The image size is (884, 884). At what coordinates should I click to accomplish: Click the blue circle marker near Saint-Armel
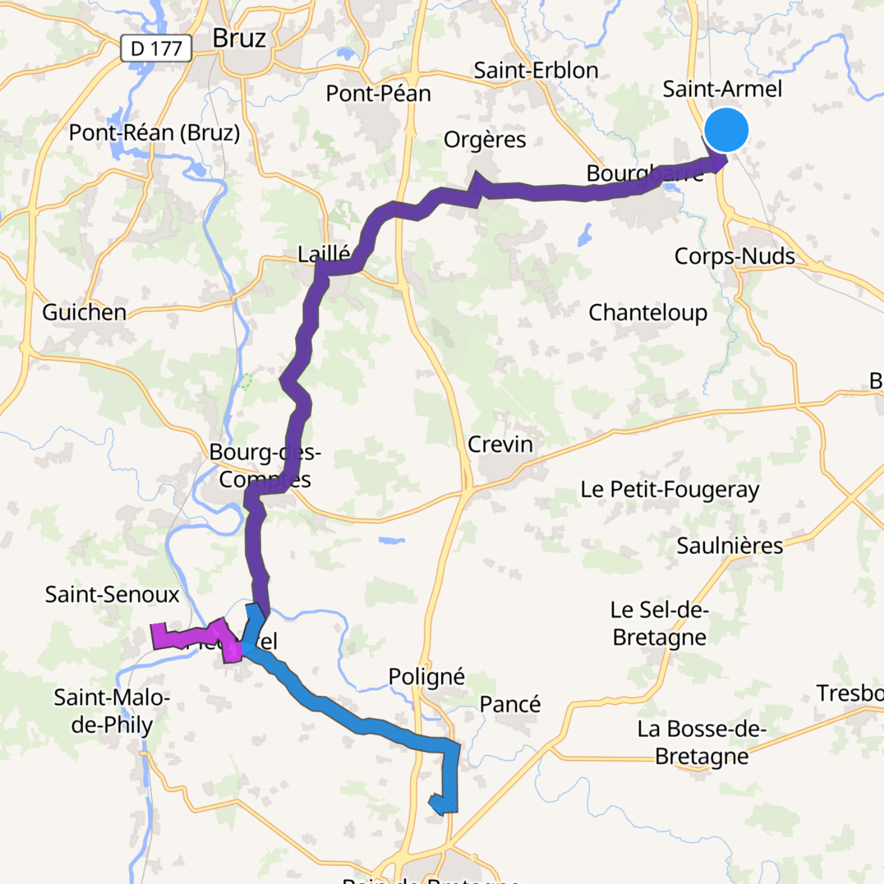(726, 130)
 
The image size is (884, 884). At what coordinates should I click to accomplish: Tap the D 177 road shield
(156, 48)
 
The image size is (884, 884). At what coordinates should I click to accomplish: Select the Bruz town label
(239, 39)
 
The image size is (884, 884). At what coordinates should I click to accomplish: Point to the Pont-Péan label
(378, 94)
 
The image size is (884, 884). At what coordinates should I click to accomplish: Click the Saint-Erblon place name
(536, 71)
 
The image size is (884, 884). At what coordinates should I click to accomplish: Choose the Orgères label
(485, 140)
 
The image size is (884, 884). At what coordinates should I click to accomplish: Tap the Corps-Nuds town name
(734, 256)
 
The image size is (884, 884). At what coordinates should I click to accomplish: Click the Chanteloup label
(648, 313)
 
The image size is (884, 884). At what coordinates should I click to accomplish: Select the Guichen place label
(84, 312)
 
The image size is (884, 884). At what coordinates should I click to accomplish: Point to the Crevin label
(500, 444)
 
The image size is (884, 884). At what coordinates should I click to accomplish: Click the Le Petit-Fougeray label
(669, 489)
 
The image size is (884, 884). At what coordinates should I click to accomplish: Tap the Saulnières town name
(730, 545)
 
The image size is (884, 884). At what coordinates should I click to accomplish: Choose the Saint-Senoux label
(112, 595)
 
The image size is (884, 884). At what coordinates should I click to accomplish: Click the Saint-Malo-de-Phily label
(112, 711)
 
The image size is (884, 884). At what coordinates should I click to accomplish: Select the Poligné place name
(426, 676)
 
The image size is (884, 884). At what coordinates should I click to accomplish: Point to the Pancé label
(510, 704)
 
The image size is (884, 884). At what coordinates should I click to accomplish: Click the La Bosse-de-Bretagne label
(702, 743)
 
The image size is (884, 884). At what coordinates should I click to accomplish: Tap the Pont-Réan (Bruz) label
(154, 133)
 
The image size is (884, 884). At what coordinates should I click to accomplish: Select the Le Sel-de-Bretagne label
(659, 623)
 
